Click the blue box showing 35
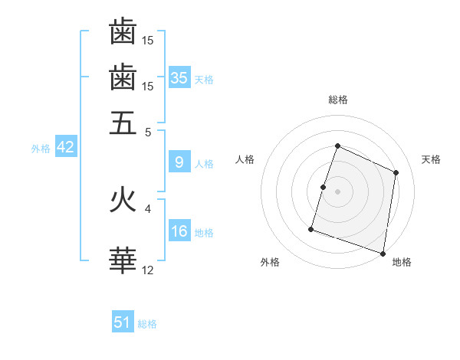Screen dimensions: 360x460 pyautogui.click(x=179, y=77)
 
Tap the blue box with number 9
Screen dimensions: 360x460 pyautogui.click(x=179, y=162)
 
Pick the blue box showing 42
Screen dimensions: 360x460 pyautogui.click(x=65, y=147)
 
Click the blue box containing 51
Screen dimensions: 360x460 pyautogui.click(x=123, y=322)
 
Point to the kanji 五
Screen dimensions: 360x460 pyautogui.click(x=123, y=122)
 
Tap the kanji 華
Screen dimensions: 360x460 pyautogui.click(x=123, y=260)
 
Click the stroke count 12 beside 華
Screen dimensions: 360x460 pyautogui.click(x=148, y=270)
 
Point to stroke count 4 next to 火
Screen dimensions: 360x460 pyautogui.click(x=148, y=208)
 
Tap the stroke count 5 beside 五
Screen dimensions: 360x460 pyautogui.click(x=148, y=131)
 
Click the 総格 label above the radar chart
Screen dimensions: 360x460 pyautogui.click(x=337, y=100)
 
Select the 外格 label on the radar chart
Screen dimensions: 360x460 pyautogui.click(x=270, y=262)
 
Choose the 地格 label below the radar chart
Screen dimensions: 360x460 pyautogui.click(x=402, y=262)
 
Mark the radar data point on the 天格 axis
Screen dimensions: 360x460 pyautogui.click(x=396, y=172)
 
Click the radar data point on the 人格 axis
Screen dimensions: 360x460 pyautogui.click(x=324, y=187)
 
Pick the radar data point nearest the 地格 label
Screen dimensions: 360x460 pyautogui.click(x=383, y=253)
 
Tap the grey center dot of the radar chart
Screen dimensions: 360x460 pyautogui.click(x=337, y=191)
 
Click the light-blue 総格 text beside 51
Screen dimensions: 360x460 pyautogui.click(x=147, y=324)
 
